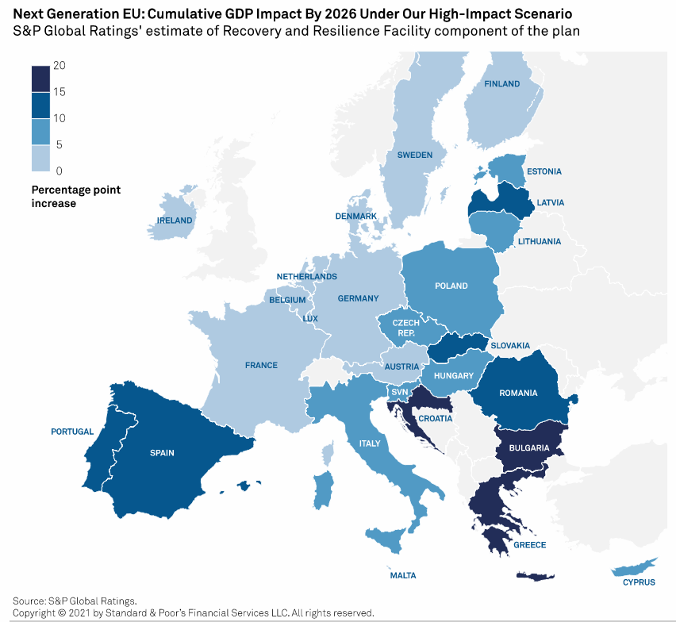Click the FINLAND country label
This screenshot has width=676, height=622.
[x=501, y=83]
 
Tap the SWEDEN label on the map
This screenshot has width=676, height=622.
[x=415, y=155]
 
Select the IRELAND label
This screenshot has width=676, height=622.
[x=175, y=220]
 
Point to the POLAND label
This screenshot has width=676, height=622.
[x=451, y=286]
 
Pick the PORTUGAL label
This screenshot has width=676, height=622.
[x=72, y=432]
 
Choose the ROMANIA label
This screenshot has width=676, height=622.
[x=518, y=393]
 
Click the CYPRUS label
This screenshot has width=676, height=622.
[x=639, y=582]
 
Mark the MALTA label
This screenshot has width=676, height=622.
[x=403, y=575]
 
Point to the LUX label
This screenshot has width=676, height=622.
[x=310, y=318]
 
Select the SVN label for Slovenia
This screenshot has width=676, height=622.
[x=399, y=392]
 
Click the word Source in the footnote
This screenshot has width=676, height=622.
[x=29, y=600]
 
